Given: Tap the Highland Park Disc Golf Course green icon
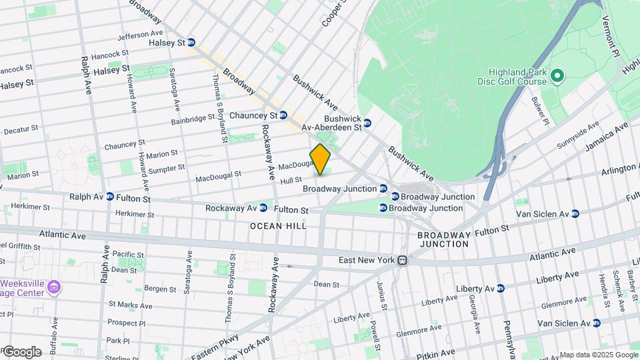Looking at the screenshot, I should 558,77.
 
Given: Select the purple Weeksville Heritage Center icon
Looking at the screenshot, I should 55,288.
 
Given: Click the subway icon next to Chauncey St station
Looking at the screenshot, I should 283,115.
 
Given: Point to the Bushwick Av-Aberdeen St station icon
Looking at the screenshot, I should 367,122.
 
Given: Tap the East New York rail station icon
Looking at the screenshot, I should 402,260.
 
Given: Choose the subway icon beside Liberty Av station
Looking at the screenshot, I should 501,288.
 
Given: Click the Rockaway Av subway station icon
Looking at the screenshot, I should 263,207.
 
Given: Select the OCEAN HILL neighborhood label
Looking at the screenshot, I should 278,226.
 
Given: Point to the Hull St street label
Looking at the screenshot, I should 291,180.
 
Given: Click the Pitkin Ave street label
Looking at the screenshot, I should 437,354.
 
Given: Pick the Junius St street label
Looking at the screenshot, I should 383,295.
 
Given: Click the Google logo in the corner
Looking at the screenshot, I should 21,351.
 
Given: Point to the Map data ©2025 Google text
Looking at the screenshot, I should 598,355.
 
